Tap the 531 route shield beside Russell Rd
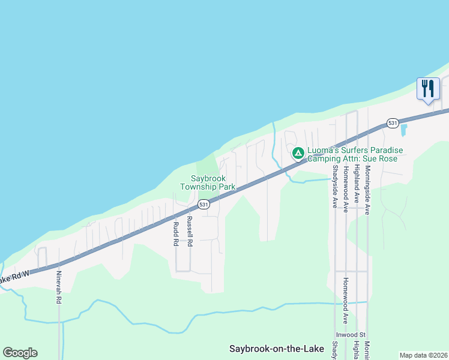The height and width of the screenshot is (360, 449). (204, 205)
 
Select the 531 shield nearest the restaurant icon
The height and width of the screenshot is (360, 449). (393, 123)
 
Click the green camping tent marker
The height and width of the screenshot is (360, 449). (298, 153)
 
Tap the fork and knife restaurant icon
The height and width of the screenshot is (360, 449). (428, 89)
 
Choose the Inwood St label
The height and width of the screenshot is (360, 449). (352, 334)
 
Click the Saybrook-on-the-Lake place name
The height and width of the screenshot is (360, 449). (276, 348)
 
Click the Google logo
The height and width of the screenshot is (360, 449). (20, 353)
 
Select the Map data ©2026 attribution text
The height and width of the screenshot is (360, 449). (424, 355)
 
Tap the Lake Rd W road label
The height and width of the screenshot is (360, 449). (13, 278)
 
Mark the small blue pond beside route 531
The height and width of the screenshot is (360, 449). (403, 130)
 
